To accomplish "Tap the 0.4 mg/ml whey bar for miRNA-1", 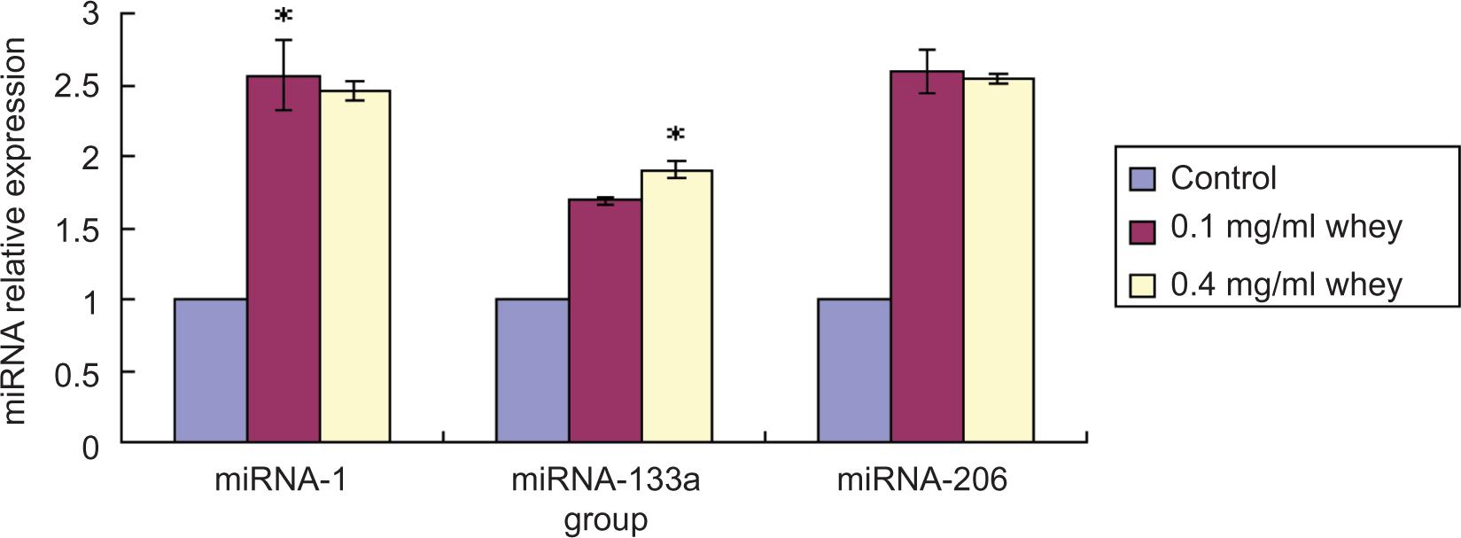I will (x=355, y=266).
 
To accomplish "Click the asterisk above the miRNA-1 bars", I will (x=284, y=17).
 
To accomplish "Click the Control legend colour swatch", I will (x=1143, y=180).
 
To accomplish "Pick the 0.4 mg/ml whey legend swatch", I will (x=1143, y=285).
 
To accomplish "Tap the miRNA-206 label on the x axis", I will (x=922, y=481).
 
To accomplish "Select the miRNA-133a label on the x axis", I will (x=605, y=481).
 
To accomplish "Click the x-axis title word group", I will (x=605, y=520).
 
